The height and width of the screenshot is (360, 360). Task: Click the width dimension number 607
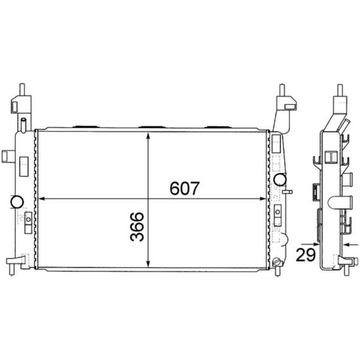point(185,188)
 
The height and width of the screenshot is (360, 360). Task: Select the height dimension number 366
point(137,226)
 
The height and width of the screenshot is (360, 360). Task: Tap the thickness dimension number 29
point(306,255)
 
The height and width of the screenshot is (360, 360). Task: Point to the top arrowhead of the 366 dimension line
point(149,135)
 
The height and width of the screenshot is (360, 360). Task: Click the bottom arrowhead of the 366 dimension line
point(149,264)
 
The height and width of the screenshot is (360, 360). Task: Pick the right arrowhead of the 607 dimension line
point(262,198)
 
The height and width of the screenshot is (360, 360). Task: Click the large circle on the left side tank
point(17,202)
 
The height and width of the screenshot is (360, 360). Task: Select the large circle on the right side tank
point(280,179)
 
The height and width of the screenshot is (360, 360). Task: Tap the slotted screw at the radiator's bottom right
point(276,262)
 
